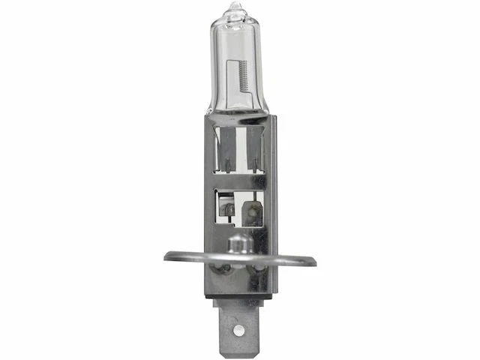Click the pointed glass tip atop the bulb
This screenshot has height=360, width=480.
click(235, 9)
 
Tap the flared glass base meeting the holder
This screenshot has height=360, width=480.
click(238, 112)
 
